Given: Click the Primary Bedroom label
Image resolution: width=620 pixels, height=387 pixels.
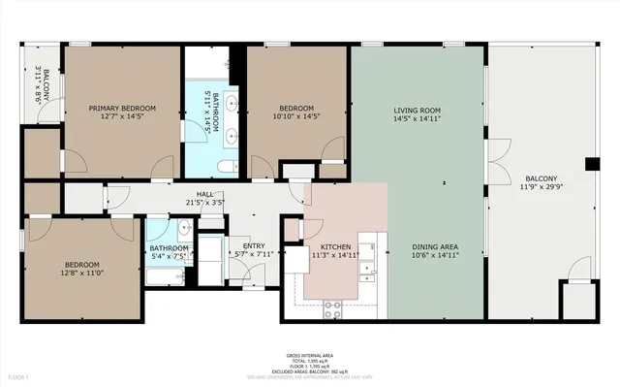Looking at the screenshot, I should tap(124, 108).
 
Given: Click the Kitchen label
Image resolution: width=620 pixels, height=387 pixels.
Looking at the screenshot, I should tap(334, 247).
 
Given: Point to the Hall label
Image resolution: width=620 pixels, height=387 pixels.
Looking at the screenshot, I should tap(204, 195).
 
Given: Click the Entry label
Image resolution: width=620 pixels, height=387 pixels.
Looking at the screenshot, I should tap(253, 246).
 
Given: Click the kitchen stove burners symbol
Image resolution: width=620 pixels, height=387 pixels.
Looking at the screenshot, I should tap(332, 309).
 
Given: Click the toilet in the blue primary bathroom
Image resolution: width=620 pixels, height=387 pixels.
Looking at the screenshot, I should tap(226, 167).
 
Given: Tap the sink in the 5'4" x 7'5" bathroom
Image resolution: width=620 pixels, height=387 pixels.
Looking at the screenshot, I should tap(183, 229).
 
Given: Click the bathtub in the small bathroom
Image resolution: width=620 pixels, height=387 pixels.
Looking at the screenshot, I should tap(170, 279).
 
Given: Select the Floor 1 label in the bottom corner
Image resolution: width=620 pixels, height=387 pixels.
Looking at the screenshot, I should tap(18, 376).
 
